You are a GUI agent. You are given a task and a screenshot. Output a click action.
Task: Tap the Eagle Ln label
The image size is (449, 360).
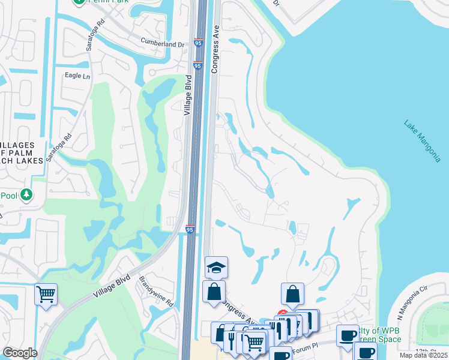(x=77, y=76)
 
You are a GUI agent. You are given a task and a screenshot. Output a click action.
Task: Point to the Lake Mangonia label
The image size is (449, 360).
(x=422, y=141)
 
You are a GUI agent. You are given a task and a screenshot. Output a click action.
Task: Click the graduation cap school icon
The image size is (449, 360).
(x=216, y=267)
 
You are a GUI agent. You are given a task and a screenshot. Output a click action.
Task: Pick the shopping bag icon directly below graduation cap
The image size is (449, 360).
(x=214, y=292)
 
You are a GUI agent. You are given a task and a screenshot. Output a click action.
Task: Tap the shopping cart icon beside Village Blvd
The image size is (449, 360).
(x=46, y=295)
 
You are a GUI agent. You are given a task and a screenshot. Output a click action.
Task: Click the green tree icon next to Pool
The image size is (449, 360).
(x=26, y=195)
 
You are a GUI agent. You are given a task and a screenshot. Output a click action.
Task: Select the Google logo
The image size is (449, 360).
(x=20, y=353)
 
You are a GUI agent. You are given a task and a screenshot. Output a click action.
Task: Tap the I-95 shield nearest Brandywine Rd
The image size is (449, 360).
(x=190, y=229)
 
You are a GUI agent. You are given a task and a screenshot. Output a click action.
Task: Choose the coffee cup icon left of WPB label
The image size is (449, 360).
(x=347, y=334)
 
